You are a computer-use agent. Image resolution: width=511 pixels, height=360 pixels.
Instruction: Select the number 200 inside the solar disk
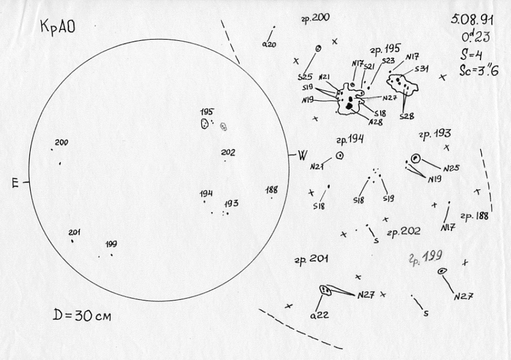pyautogui.click(x=61, y=143)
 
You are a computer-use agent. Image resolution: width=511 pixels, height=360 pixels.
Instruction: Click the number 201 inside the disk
pyautogui.click(x=75, y=232)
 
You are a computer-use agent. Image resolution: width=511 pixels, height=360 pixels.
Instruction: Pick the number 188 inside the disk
pyautogui.click(x=272, y=190)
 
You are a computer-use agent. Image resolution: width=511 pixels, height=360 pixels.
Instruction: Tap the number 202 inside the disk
pyautogui.click(x=228, y=153)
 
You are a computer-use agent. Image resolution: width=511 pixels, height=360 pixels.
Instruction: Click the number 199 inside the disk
pyautogui.click(x=111, y=244)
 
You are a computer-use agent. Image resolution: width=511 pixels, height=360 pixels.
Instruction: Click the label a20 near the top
pyautogui.click(x=269, y=45)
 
